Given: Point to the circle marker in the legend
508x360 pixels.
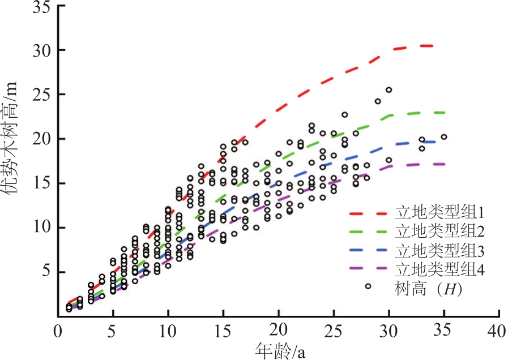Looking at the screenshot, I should (368, 286).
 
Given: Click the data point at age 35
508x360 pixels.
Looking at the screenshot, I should (444, 137).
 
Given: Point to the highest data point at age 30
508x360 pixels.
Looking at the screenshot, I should (389, 89).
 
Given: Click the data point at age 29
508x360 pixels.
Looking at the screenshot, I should (378, 101).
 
